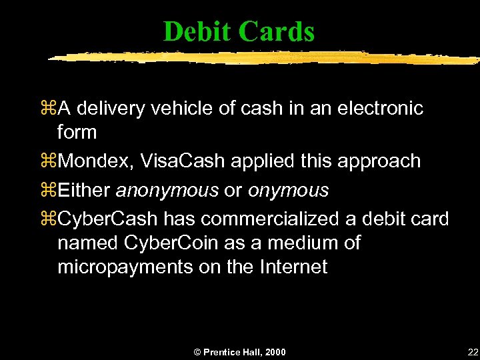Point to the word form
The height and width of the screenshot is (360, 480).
77,132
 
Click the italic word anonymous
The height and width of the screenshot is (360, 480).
167,190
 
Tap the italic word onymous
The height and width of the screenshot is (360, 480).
288,190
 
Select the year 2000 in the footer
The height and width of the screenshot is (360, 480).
274,351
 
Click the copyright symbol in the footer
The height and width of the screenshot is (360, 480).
196,351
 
